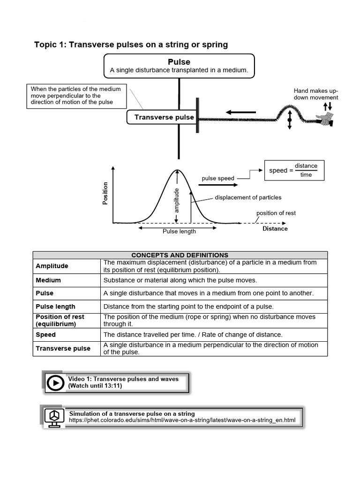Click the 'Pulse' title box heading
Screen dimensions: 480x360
[179, 62]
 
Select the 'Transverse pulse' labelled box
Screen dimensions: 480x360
[164, 117]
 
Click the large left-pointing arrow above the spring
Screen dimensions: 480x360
[240, 112]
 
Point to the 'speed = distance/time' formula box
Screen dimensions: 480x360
[294, 171]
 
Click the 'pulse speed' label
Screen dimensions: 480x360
[217, 179]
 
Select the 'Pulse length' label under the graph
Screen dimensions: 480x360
[179, 232]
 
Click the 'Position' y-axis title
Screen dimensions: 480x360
[105, 193]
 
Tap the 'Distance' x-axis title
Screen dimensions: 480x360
[275, 229]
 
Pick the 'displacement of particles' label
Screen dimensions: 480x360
[248, 198]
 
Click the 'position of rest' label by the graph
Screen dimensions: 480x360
[276, 213]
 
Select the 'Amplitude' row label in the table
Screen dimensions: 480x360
[52, 266]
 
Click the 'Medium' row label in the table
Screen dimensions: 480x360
[48, 280]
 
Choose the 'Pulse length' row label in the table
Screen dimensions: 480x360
[55, 307]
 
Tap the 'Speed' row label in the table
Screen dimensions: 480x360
[46, 335]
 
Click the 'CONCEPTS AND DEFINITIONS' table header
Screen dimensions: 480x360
[180, 255]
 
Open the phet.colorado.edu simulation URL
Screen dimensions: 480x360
[182, 420]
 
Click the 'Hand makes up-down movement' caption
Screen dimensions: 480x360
[315, 94]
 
